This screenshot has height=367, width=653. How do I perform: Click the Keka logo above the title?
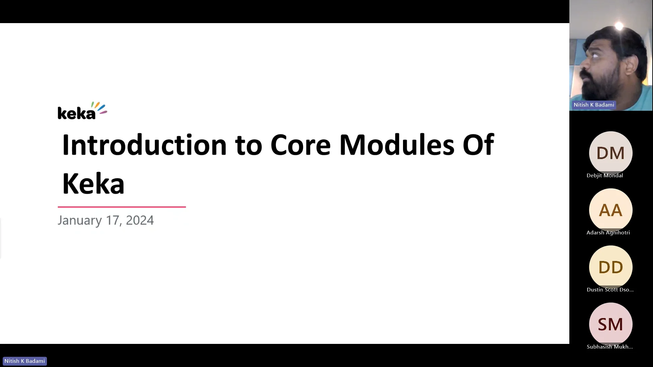pyautogui.click(x=82, y=111)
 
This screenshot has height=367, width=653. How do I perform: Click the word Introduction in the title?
pyautogui.click(x=144, y=145)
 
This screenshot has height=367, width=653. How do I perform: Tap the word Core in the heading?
pyautogui.click(x=300, y=145)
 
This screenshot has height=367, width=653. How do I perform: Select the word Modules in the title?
pyautogui.click(x=397, y=145)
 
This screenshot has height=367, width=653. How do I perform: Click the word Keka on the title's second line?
pyautogui.click(x=93, y=184)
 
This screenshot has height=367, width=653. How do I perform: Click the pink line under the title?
pyautogui.click(x=122, y=207)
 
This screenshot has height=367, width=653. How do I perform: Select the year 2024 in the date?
pyautogui.click(x=140, y=220)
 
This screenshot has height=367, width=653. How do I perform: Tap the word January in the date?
pyautogui.click(x=80, y=221)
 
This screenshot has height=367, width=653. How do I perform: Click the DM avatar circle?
pyautogui.click(x=610, y=153)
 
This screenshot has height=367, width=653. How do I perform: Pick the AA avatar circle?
pyautogui.click(x=610, y=210)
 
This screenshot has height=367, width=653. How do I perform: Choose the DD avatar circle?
pyautogui.click(x=610, y=267)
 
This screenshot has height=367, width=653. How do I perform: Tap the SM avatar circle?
pyautogui.click(x=610, y=324)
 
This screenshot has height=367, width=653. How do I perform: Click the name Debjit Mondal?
pyautogui.click(x=605, y=175)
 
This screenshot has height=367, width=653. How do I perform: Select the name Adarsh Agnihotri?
pyautogui.click(x=608, y=232)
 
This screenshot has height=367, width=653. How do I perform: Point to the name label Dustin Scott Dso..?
pyautogui.click(x=610, y=290)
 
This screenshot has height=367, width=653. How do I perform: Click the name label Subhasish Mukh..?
pyautogui.click(x=609, y=347)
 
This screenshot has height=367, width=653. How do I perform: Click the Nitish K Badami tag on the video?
pyautogui.click(x=594, y=105)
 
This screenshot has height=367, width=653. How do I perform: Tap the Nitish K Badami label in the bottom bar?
pyautogui.click(x=24, y=361)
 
